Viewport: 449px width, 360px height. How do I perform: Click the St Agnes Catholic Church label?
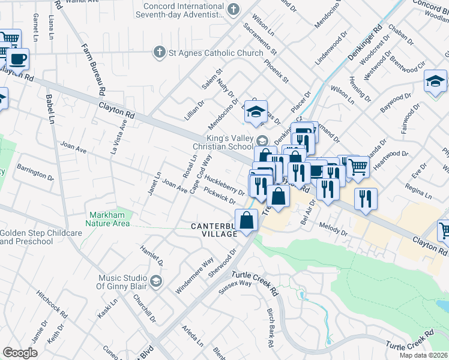tap(215, 52)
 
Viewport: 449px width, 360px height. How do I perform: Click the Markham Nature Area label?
tap(109, 219)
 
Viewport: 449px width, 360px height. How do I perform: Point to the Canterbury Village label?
tap(214, 230)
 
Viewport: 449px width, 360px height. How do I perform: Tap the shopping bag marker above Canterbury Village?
tap(247, 220)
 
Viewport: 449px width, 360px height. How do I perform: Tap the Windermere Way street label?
tap(194, 275)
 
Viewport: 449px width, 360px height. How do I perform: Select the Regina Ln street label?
tap(418, 191)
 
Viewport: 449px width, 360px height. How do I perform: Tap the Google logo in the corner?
tap(20, 353)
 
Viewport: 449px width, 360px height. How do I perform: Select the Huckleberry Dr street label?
tap(224, 184)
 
